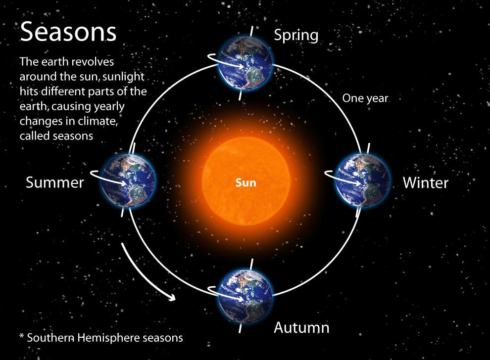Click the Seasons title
pyautogui.click(x=68, y=32)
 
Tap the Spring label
pyautogui.click(x=296, y=36)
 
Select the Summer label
pyautogui.click(x=54, y=182)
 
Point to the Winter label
pyautogui.click(x=426, y=182)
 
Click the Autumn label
pyautogui.click(x=301, y=327)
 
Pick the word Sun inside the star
pyautogui.click(x=246, y=182)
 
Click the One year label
pyautogui.click(x=365, y=98)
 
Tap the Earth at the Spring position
pyautogui.click(x=245, y=63)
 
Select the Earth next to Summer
pyautogui.click(x=128, y=180)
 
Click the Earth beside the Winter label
pyautogui.click(x=362, y=180)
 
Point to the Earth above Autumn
pyautogui.click(x=245, y=296)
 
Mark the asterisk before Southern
pyautogui.click(x=22, y=336)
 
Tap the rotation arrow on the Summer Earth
pyautogui.click(x=109, y=178)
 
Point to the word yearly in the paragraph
pyautogui.click(x=109, y=106)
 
